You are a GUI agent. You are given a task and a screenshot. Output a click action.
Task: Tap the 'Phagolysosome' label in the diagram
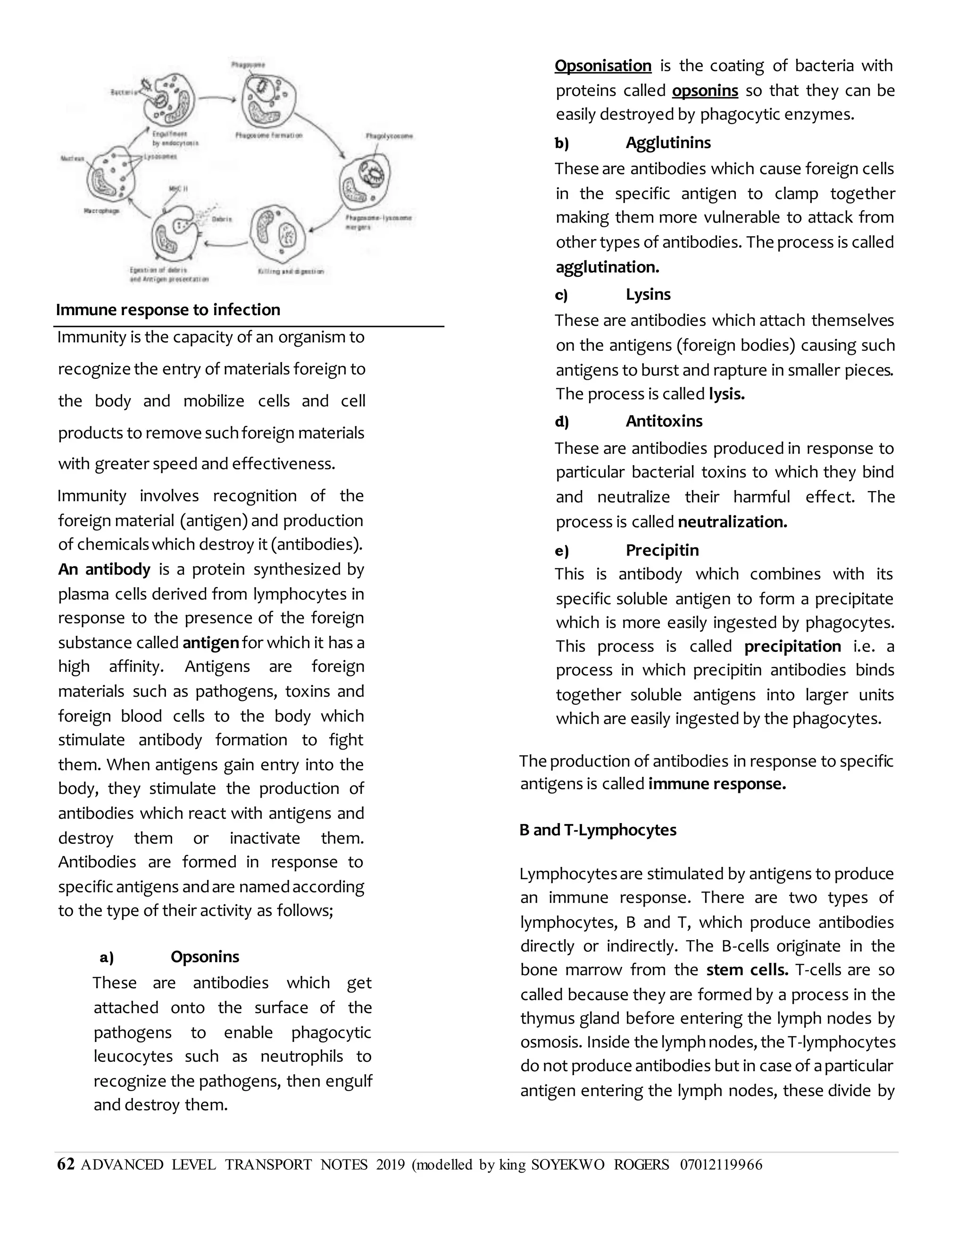tap(389, 136)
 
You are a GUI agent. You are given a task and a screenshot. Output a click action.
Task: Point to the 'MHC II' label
tap(178, 188)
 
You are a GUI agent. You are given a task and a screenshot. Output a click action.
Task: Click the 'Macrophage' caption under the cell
tap(102, 211)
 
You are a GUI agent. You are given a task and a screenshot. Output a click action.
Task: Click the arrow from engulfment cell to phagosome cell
tap(217, 99)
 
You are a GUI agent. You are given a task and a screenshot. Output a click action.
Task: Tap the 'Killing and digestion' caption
tap(291, 271)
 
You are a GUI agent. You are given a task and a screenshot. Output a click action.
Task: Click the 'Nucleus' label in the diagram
tap(73, 158)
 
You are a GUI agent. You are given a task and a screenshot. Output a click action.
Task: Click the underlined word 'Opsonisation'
tap(603, 66)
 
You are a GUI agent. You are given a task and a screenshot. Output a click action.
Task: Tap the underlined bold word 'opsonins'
tap(705, 91)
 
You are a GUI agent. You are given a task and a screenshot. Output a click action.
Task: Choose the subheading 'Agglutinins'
tap(668, 142)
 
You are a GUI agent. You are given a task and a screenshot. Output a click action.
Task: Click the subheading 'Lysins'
tap(648, 294)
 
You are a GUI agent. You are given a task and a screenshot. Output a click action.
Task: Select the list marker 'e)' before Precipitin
tap(561, 550)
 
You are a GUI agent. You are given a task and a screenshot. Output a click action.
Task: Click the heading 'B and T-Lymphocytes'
tap(598, 830)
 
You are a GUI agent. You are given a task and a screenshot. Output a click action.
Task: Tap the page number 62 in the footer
tap(66, 1164)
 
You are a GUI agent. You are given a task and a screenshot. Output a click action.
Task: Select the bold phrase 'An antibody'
tap(104, 569)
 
